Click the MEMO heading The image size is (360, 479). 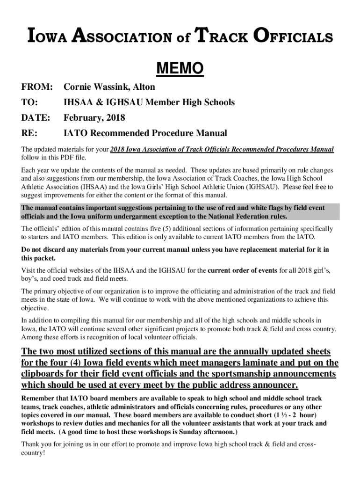pyautogui.click(x=180, y=69)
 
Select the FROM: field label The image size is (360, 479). pyautogui.click(x=36, y=87)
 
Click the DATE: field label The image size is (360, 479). pyautogui.click(x=36, y=118)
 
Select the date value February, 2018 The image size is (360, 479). pyautogui.click(x=95, y=118)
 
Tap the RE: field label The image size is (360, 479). pyautogui.click(x=29, y=133)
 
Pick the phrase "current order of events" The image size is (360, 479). pyautogui.click(x=242, y=270)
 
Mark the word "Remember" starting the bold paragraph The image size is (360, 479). pyautogui.click(x=40, y=398)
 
